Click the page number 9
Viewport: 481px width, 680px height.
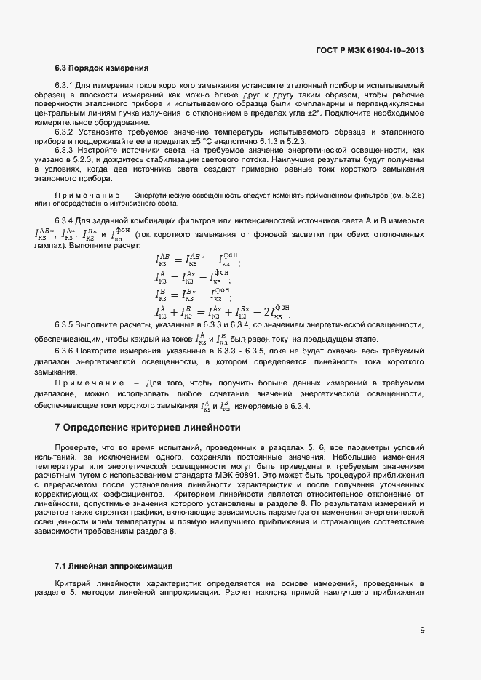[x=422, y=630]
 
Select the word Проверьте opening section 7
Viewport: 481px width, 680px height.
[x=75, y=447]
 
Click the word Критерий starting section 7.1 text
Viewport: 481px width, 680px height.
[x=72, y=583]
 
